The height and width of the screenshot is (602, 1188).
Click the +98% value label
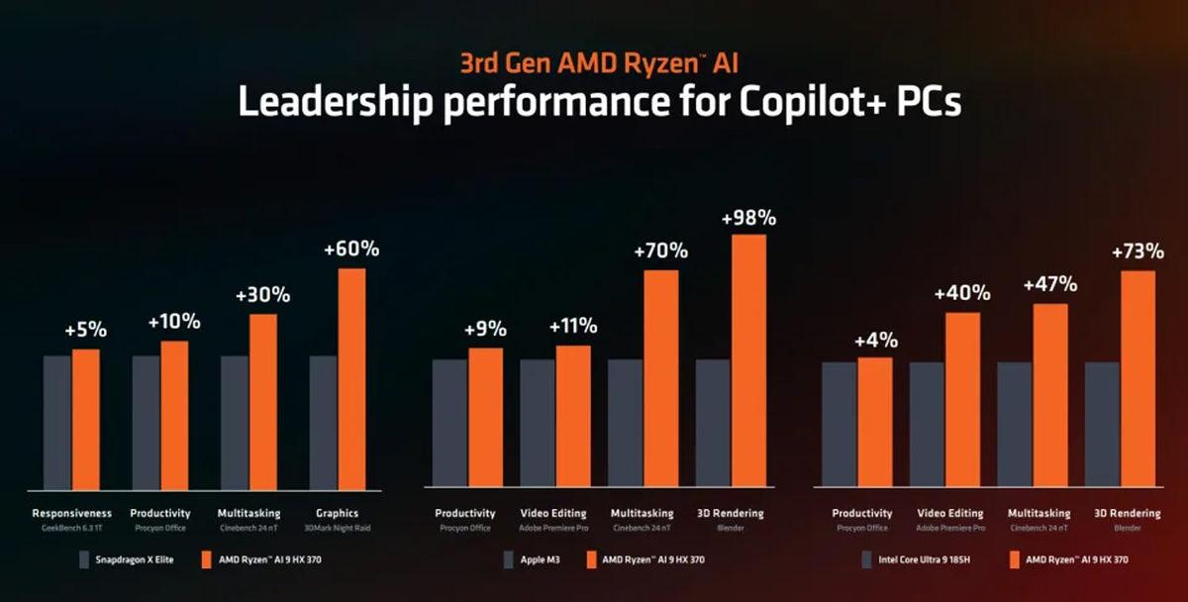pyautogui.click(x=748, y=216)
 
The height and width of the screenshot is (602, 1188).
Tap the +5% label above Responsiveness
pyautogui.click(x=85, y=329)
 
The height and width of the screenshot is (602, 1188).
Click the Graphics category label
pyautogui.click(x=338, y=513)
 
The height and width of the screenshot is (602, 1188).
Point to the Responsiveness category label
pyautogui.click(x=72, y=513)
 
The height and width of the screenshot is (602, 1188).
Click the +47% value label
pyautogui.click(x=1050, y=285)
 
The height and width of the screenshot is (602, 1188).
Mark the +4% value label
pyautogui.click(x=874, y=340)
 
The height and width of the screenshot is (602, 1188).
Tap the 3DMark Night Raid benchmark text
pyautogui.click(x=338, y=529)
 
